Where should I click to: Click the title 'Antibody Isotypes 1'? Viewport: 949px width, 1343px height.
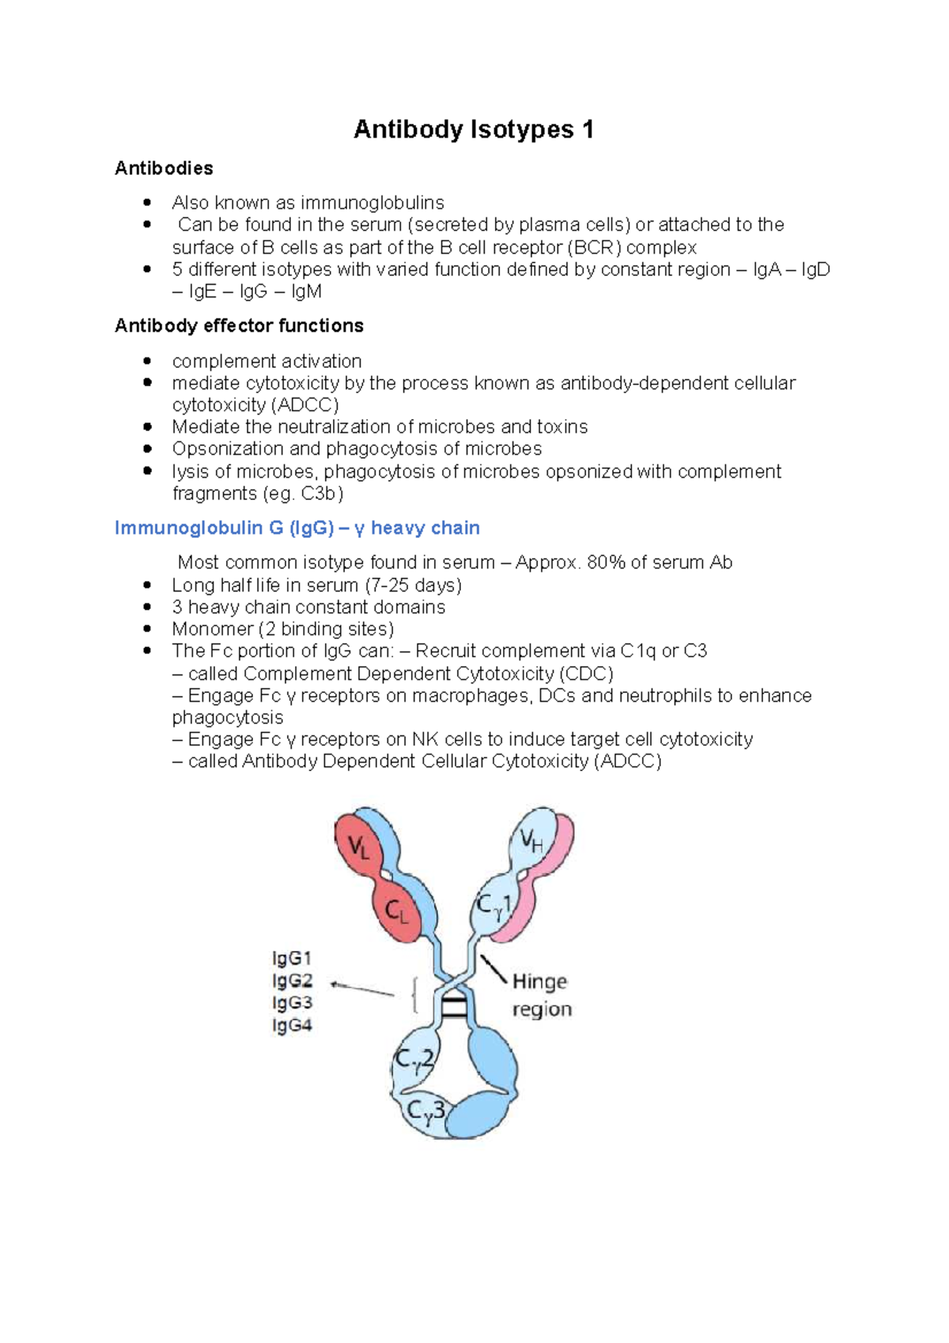point(473,129)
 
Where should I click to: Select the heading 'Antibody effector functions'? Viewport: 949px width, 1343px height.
point(239,326)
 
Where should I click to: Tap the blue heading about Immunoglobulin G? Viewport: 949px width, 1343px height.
point(297,528)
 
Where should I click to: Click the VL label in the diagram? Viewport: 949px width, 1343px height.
point(359,848)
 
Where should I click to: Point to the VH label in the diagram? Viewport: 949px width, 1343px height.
point(531,841)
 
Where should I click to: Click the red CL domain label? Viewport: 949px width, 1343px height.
point(396,912)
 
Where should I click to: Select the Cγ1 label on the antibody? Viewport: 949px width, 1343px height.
point(494,906)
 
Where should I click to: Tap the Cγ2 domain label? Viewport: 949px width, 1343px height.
point(414,1060)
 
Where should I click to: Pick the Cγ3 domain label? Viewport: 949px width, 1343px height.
point(425,1110)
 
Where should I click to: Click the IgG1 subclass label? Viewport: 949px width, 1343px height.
point(292,959)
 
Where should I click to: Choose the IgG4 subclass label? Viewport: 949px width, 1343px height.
point(292,1026)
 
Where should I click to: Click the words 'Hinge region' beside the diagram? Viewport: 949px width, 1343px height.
point(541,995)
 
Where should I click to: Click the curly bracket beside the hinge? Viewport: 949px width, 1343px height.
point(414,994)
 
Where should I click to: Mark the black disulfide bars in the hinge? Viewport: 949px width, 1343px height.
point(453,1008)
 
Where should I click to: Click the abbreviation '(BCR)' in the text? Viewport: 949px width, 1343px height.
point(594,248)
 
